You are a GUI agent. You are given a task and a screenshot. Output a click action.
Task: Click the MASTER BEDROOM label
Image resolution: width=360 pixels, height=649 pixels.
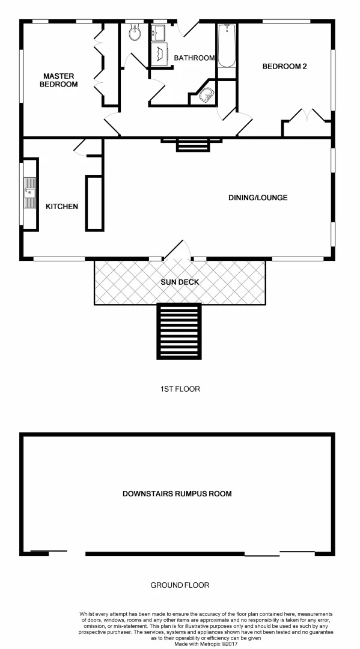[x=59, y=80]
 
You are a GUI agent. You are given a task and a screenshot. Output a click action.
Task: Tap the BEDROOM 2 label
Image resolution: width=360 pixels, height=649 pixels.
[x=284, y=67]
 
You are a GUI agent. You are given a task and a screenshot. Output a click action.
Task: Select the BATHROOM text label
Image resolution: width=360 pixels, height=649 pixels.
[x=194, y=58]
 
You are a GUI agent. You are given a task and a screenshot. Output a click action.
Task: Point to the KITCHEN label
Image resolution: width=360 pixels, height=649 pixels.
[x=62, y=207]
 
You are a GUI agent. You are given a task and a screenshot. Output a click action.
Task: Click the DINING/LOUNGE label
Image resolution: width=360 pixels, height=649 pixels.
[x=258, y=198]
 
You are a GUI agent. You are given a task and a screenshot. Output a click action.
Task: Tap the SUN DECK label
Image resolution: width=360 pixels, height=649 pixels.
[x=180, y=282]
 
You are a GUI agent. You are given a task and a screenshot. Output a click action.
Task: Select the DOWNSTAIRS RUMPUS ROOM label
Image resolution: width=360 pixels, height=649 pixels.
[x=177, y=494]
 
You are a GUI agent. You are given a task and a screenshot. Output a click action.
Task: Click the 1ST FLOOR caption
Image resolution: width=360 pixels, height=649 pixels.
[x=180, y=389]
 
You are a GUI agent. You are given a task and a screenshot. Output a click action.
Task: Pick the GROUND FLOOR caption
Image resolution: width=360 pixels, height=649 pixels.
[x=180, y=585]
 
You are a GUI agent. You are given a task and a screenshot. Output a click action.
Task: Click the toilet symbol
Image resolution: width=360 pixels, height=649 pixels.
[x=134, y=35]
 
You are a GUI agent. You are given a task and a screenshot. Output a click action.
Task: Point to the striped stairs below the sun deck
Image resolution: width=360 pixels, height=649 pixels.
[x=179, y=332]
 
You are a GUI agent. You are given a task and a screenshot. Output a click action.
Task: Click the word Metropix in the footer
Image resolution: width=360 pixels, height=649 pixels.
[x=205, y=644]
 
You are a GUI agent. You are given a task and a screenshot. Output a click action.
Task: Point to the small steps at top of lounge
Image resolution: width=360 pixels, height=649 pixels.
[x=192, y=146]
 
